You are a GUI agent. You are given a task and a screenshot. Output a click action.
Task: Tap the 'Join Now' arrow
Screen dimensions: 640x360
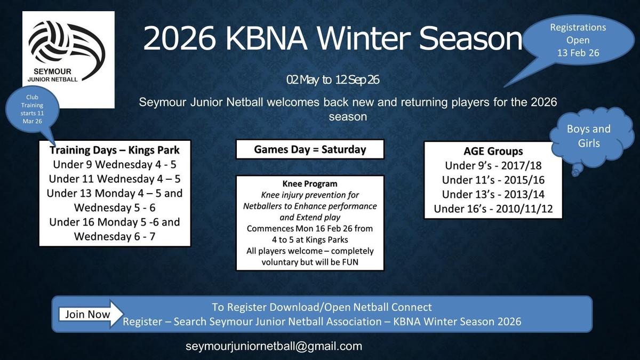91,314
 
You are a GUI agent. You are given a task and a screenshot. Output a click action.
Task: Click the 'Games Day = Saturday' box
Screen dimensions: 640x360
310,149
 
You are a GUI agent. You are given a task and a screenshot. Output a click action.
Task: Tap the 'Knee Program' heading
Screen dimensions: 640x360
310,183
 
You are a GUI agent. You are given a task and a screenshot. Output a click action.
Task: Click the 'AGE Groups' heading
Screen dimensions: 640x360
493,151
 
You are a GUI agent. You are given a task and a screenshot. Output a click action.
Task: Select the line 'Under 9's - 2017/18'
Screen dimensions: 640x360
493,166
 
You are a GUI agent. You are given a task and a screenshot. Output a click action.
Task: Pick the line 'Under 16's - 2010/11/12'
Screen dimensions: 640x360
493,209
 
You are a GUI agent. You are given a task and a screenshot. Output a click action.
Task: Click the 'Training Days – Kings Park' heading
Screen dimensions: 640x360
115,150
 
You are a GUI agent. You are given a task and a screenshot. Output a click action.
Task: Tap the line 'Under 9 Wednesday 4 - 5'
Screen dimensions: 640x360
115,165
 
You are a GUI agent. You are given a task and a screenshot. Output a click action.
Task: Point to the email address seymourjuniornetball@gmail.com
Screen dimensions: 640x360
274,346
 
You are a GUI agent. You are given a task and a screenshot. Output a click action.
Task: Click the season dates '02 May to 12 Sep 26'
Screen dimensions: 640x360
333,80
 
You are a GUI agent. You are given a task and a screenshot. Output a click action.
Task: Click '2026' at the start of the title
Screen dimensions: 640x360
179,38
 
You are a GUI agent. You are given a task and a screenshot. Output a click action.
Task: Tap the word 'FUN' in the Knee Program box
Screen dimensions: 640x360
350,262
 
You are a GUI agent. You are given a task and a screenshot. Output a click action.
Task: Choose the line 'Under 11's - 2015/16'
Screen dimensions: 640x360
493,180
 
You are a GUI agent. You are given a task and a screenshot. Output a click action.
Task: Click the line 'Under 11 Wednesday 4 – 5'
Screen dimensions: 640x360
115,179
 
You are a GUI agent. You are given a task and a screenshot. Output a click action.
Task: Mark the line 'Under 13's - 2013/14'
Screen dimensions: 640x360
493,194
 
